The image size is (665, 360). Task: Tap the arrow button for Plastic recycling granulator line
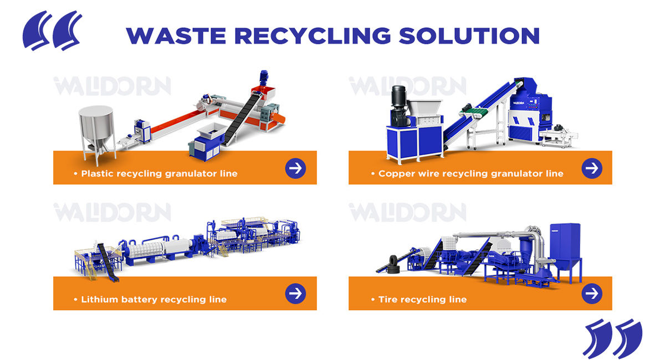pos(295,168)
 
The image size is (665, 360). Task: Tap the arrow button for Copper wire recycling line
pos(592,168)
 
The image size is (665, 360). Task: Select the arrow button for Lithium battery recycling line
pos(295,294)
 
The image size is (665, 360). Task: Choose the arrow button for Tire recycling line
pos(592,294)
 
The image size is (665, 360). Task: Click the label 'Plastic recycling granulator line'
pos(159,174)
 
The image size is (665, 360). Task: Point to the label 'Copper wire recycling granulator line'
pos(470,174)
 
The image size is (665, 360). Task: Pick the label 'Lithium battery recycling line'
pos(154,300)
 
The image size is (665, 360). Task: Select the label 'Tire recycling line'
pos(422,300)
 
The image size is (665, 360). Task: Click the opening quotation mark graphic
pos(52,30)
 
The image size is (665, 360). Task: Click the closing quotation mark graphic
pos(612,337)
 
